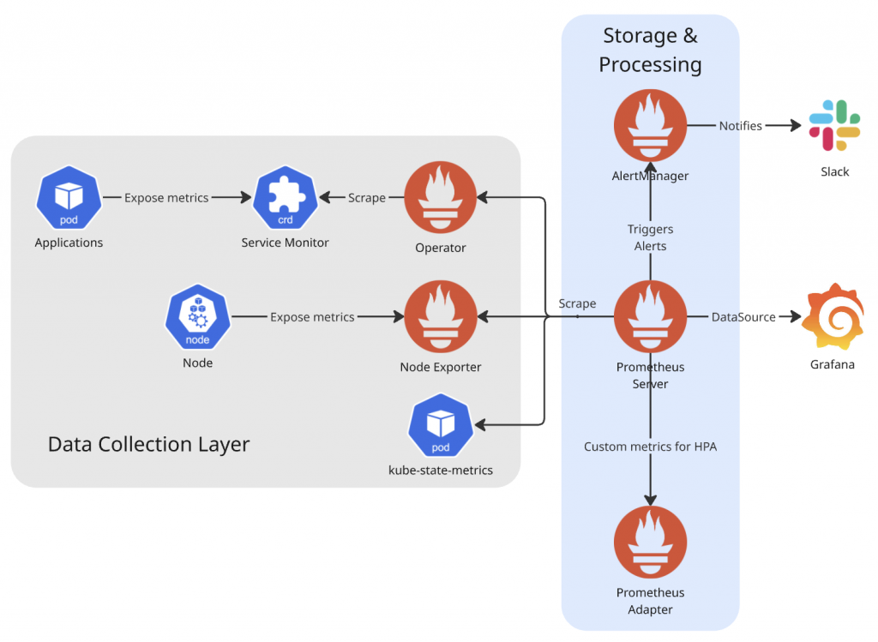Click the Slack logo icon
click(x=834, y=126)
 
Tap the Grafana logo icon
click(x=832, y=318)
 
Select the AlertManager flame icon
click(x=650, y=126)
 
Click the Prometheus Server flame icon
click(x=650, y=317)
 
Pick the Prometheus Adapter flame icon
click(x=650, y=543)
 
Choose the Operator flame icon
click(x=440, y=198)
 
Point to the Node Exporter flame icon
click(x=440, y=317)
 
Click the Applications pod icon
click(x=69, y=198)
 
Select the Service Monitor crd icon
click(x=285, y=198)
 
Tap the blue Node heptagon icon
click(x=197, y=317)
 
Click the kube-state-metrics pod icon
click(x=440, y=426)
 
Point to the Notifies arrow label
click(x=740, y=126)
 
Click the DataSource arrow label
click(x=743, y=317)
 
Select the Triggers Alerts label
click(x=650, y=237)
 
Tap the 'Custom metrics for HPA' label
click(x=649, y=447)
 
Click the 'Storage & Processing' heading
click(x=650, y=50)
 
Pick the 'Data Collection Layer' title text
click(x=148, y=444)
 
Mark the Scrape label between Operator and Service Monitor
click(x=366, y=198)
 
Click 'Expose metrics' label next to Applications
click(x=166, y=198)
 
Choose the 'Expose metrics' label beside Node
click(x=312, y=317)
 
